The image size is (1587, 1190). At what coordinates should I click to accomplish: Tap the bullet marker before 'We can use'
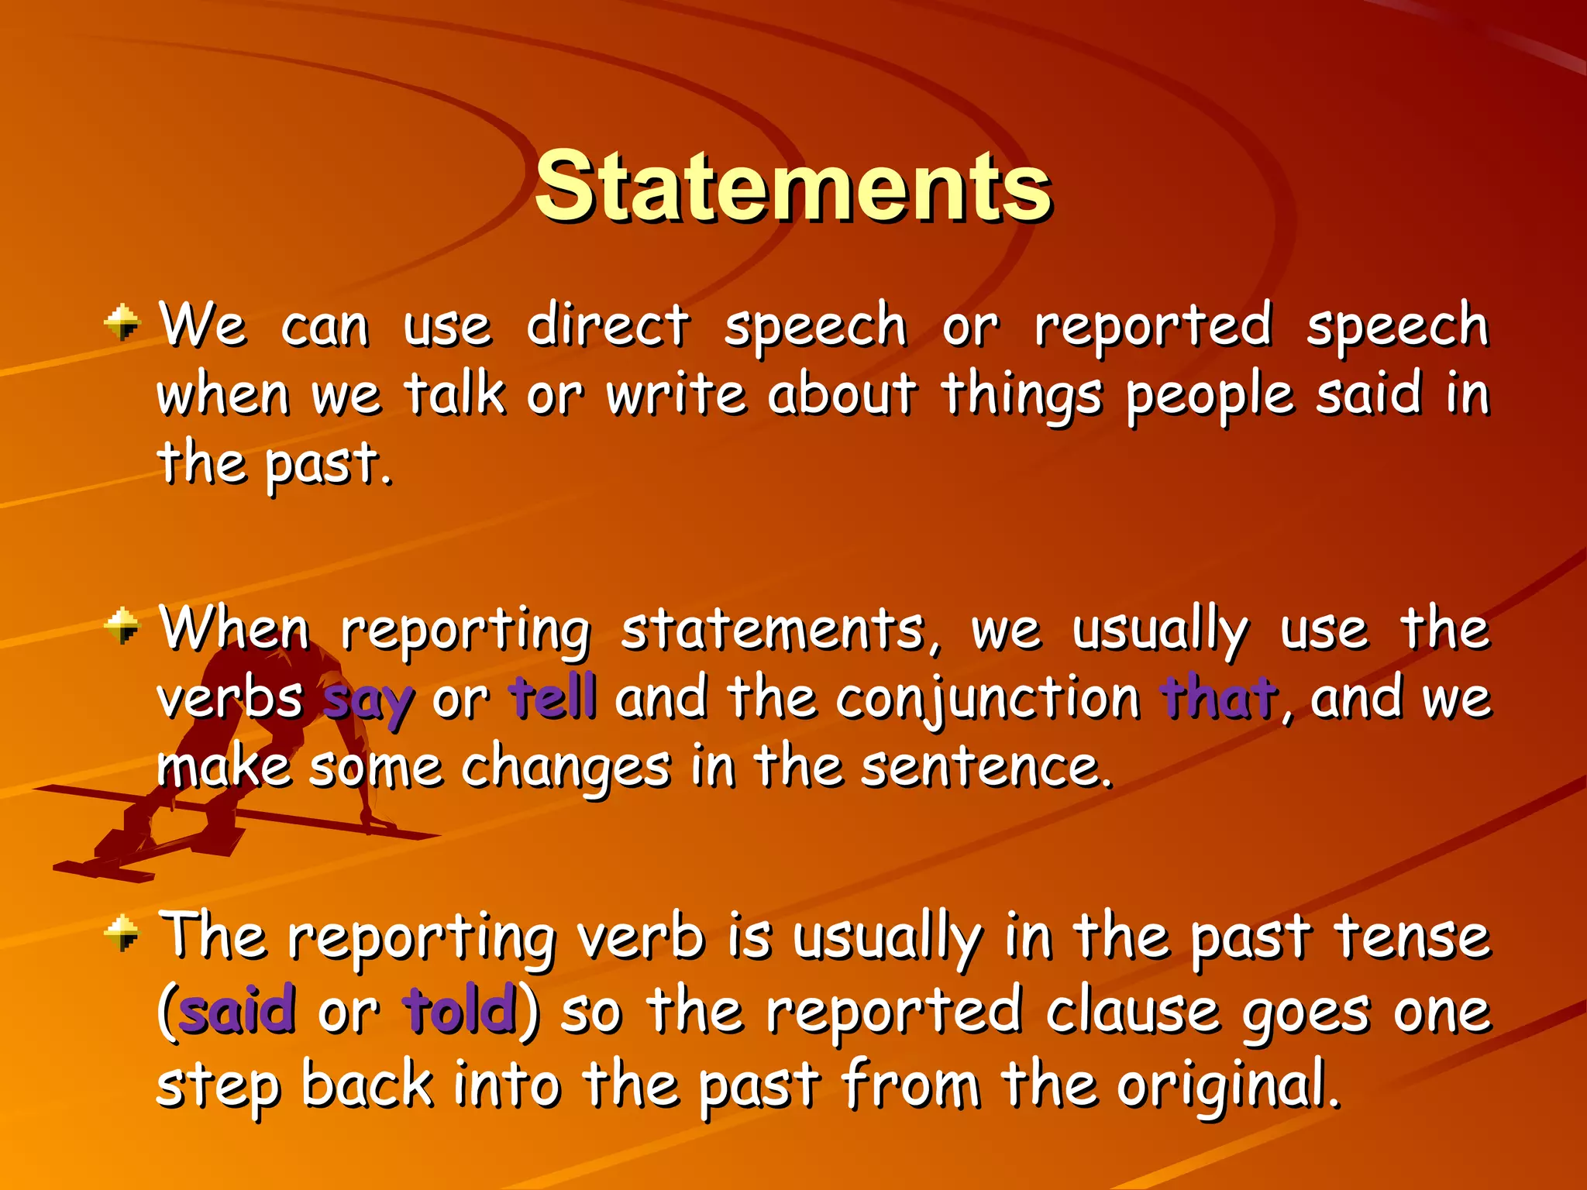122,322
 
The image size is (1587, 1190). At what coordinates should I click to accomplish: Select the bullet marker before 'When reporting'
122,625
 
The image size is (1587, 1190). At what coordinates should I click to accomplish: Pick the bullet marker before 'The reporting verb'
122,932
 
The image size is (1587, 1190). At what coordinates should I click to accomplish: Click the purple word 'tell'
553,696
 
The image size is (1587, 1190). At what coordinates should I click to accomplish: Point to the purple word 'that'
1217,696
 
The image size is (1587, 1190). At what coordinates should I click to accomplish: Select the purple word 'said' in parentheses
237,1010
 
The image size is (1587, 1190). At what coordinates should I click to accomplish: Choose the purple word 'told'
460,1010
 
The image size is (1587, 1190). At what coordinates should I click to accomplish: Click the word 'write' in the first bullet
676,395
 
